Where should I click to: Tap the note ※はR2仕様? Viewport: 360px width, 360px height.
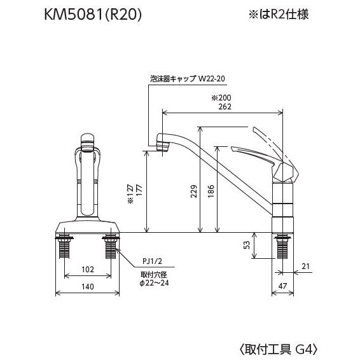[279, 14]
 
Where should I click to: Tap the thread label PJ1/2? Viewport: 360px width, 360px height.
[152, 261]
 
